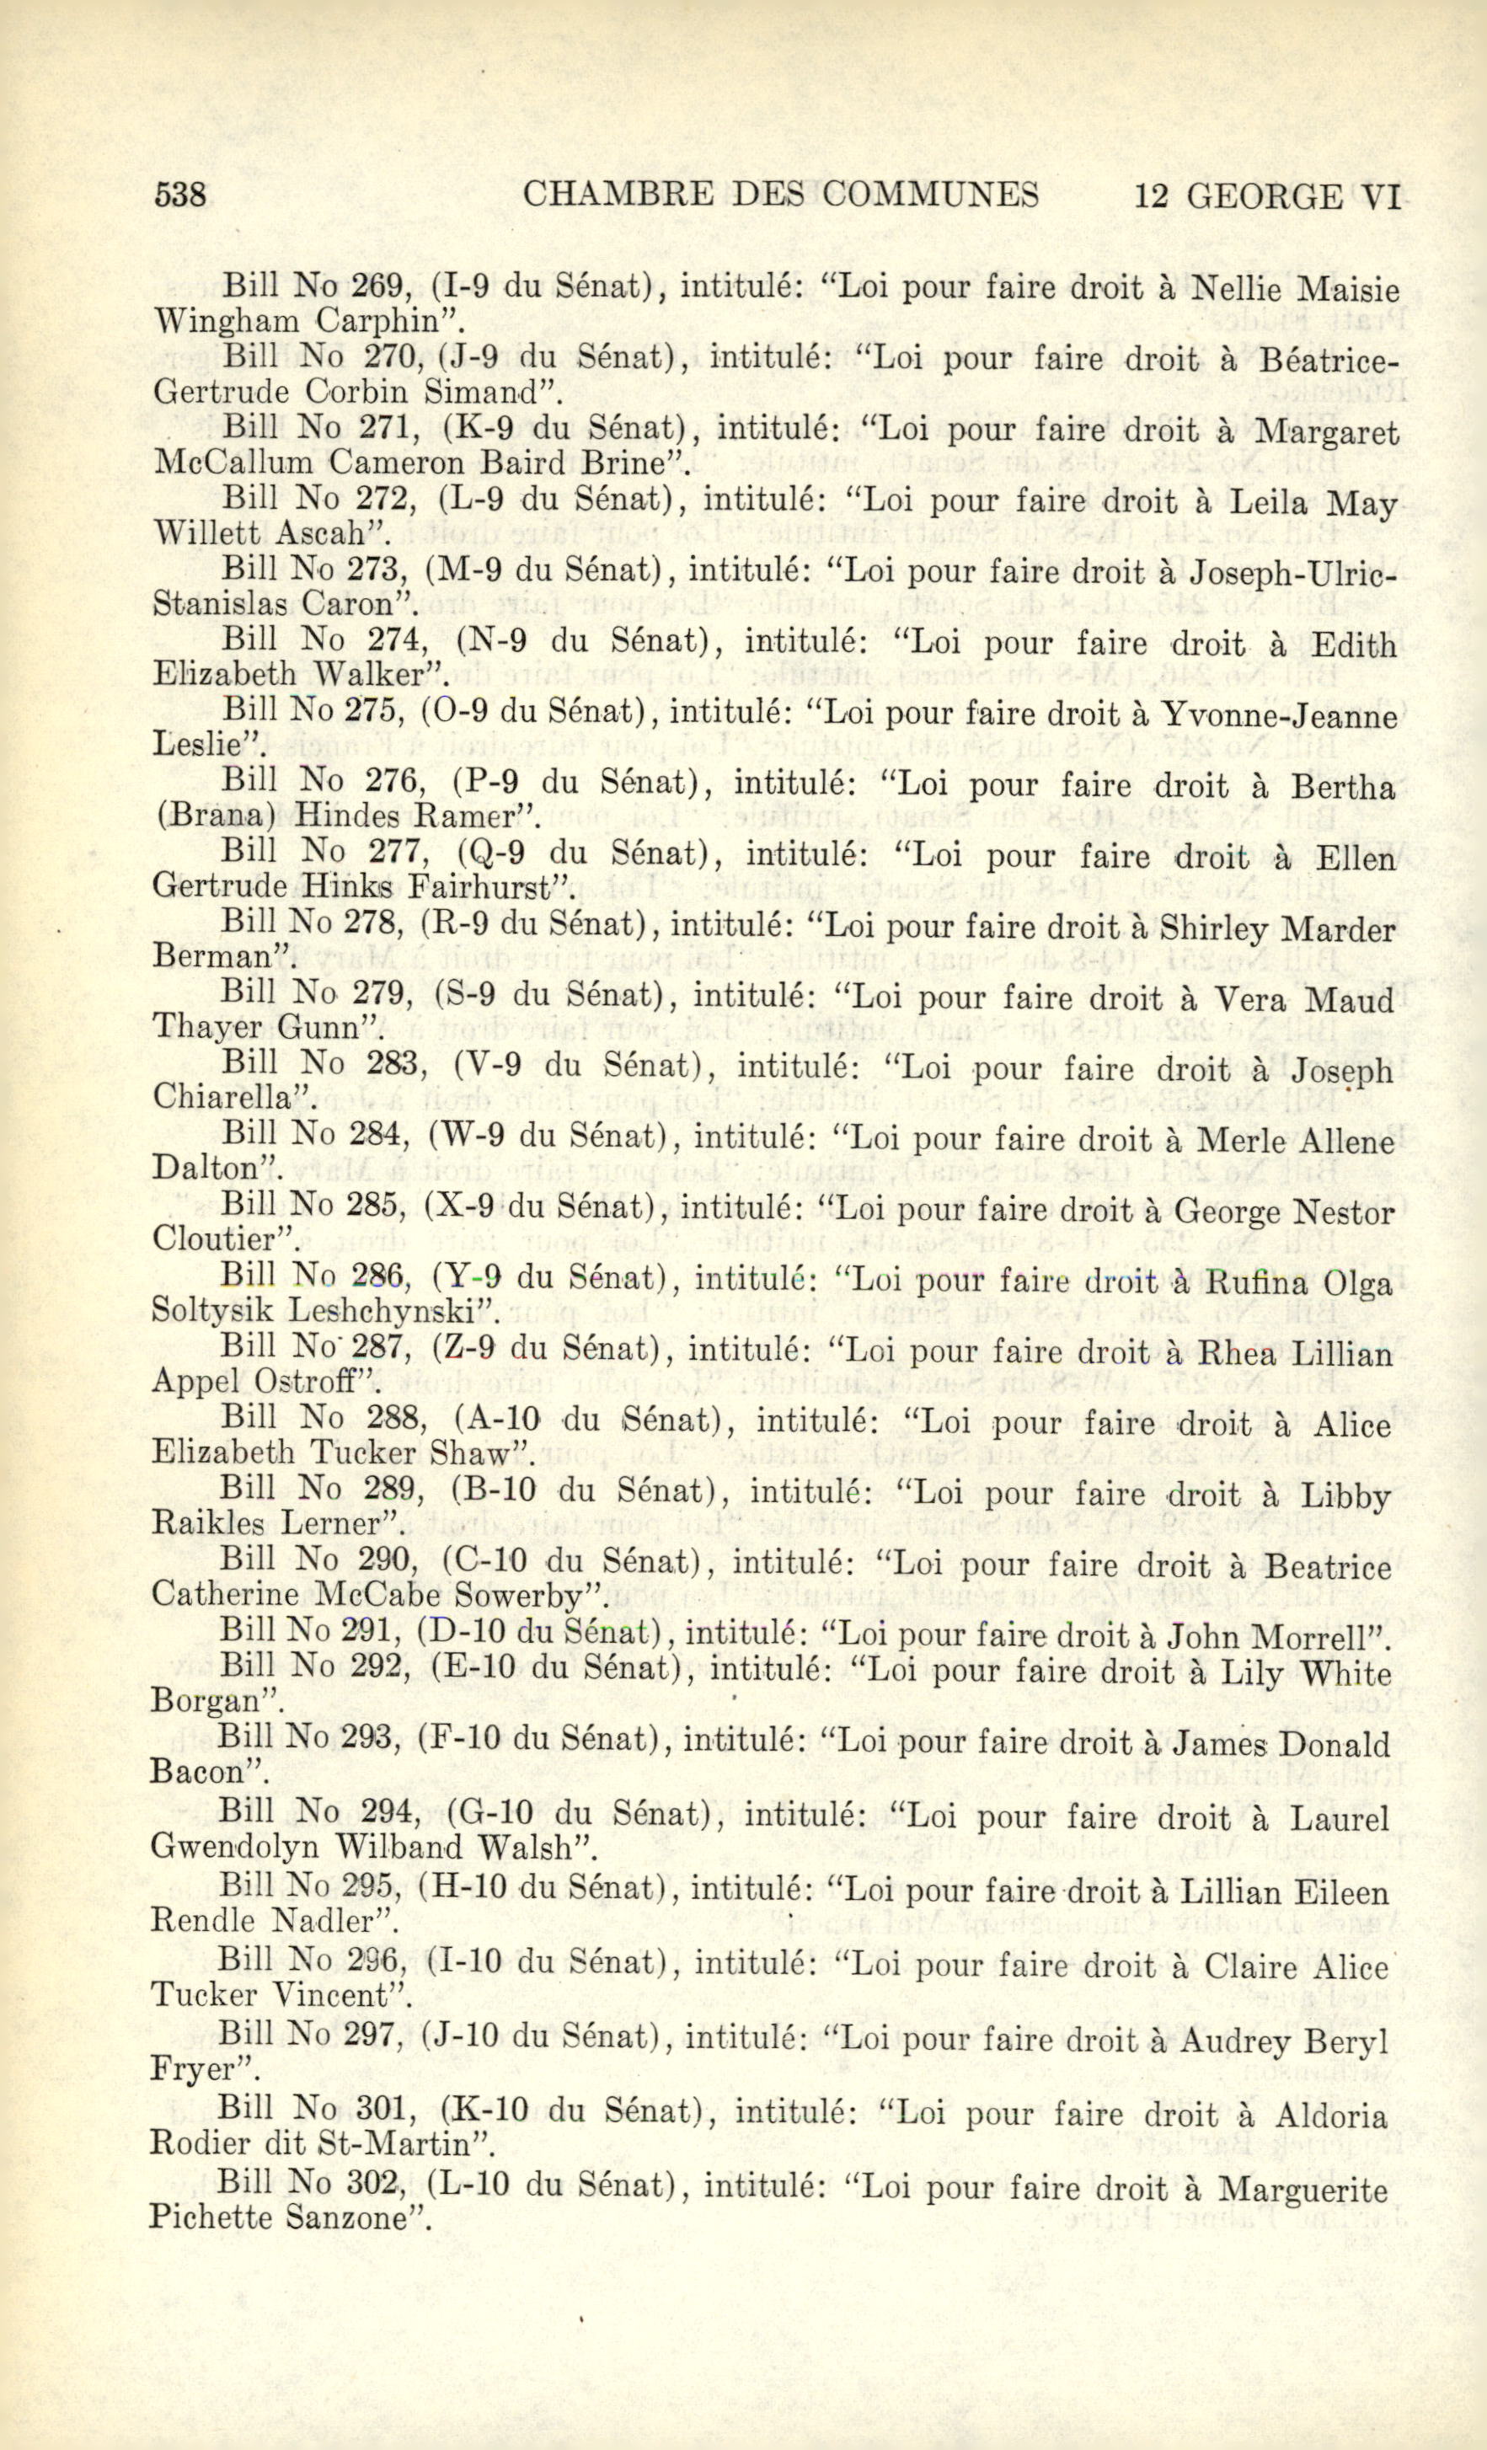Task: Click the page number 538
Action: coord(180,195)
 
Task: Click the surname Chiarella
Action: coord(226,1098)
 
